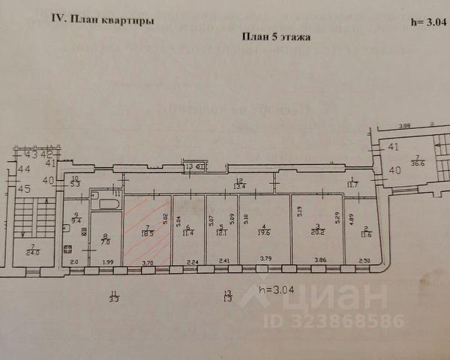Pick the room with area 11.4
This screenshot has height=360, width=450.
pyautogui.click(x=189, y=232)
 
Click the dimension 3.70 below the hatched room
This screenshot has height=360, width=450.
pyautogui.click(x=148, y=262)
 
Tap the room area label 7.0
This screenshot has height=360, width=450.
pyautogui.click(x=105, y=242)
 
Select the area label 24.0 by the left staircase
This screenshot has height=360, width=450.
pyautogui.click(x=33, y=253)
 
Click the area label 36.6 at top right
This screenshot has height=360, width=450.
pyautogui.click(x=418, y=166)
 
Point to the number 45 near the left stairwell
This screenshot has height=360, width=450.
pyautogui.click(x=25, y=188)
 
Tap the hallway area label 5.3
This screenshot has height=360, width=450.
pyautogui.click(x=75, y=183)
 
